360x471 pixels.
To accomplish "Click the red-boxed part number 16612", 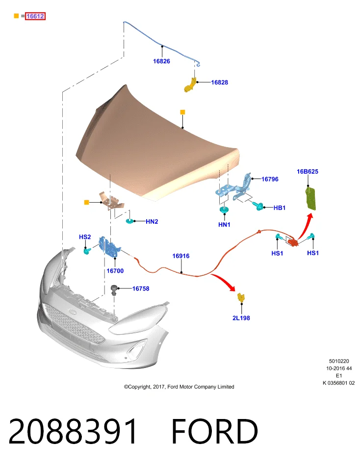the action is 35,16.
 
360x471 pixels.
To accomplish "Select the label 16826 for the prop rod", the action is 161,61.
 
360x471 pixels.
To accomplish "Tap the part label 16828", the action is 220,82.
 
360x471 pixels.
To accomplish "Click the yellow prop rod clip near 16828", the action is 190,85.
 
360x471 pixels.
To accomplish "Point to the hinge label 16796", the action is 270,179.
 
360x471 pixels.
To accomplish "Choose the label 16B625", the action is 308,172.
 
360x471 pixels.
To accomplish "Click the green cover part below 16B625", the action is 311,198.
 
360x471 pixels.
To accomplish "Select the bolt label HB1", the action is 280,208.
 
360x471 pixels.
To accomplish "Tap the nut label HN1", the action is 224,224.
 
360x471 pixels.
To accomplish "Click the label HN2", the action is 152,221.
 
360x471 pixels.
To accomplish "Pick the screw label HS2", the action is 85,237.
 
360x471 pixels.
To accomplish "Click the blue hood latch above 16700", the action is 109,247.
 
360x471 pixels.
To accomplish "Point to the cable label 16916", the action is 181,256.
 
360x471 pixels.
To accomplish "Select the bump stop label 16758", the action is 141,288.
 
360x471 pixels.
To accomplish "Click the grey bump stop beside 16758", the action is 114,290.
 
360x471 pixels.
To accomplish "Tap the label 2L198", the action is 241,318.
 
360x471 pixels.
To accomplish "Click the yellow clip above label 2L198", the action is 241,297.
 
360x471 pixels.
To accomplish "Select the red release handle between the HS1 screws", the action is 292,241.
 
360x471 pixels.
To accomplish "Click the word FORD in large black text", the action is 215,431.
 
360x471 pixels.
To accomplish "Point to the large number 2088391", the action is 73,431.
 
